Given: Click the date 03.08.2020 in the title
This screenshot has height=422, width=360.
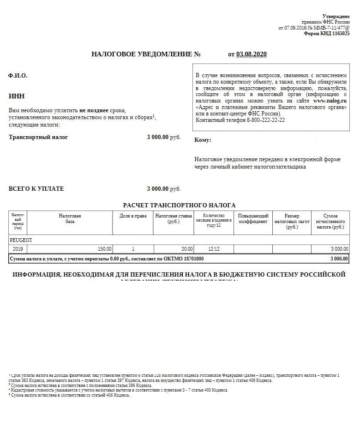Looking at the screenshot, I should [x=252, y=54].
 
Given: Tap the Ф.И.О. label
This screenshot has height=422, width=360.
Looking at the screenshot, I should [x=18, y=76].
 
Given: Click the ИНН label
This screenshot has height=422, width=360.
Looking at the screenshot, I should [x=17, y=96].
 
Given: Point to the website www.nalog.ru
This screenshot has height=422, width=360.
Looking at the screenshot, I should [x=330, y=101].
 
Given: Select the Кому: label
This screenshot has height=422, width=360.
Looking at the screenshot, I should [x=203, y=140].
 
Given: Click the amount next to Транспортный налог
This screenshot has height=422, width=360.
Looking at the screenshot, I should [x=158, y=137].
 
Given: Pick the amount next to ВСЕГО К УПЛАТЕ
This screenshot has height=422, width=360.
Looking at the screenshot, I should [x=158, y=189].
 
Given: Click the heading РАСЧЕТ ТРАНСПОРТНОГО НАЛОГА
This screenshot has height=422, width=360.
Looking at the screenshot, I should [x=179, y=205].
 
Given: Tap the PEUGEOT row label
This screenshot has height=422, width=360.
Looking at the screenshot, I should [x=21, y=240].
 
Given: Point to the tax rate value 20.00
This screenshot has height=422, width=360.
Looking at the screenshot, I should [x=186, y=249].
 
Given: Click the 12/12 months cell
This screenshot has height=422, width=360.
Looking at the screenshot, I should [x=214, y=249].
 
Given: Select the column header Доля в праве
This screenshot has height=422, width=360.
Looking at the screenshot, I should [x=133, y=216].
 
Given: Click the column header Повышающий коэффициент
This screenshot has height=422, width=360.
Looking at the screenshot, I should [x=253, y=219].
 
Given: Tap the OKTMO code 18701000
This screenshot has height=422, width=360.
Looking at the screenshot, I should [x=191, y=259].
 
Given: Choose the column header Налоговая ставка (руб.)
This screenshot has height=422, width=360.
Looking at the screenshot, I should [x=174, y=219].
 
